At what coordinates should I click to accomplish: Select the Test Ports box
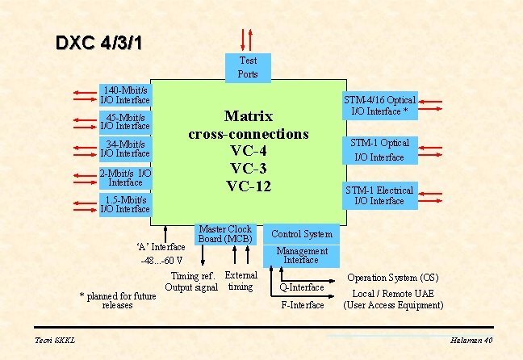tap(248, 67)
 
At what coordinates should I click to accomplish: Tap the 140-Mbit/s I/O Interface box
tap(124, 95)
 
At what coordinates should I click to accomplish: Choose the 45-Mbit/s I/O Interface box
tap(124, 121)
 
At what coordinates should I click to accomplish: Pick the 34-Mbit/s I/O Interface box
tap(124, 149)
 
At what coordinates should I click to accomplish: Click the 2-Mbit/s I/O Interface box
tap(124, 178)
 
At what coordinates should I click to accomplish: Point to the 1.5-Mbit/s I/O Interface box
tap(124, 204)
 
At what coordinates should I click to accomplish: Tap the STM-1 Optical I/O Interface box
tap(379, 149)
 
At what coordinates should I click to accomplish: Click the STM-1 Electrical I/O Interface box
tap(379, 195)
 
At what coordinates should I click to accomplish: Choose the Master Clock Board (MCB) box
tap(225, 234)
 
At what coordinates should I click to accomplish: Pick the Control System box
tap(301, 234)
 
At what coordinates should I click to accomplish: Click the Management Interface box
tap(301, 255)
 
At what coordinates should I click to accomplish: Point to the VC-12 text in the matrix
tap(248, 186)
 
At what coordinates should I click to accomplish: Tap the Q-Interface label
tap(302, 287)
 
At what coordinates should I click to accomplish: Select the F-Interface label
tap(302, 305)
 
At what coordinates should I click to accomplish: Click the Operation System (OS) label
tap(392, 278)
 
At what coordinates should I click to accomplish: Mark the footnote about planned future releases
tap(117, 300)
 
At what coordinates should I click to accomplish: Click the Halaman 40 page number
tap(472, 341)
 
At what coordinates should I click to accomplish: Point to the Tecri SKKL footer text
tap(55, 341)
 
